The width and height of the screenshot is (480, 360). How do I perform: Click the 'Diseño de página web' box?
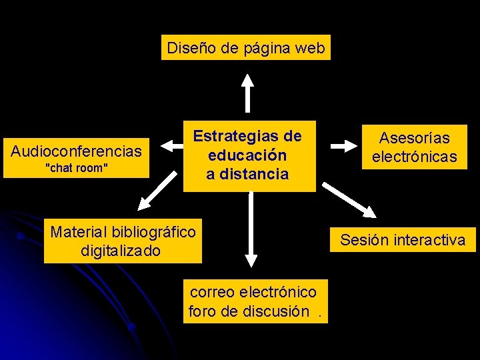[x=245, y=48]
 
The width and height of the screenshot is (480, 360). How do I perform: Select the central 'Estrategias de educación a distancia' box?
[x=249, y=155]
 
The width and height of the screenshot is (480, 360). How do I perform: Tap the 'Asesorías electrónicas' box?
[x=415, y=147]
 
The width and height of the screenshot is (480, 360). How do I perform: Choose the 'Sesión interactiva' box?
[x=403, y=240]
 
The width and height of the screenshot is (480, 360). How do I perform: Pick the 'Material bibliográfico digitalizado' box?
[x=123, y=241]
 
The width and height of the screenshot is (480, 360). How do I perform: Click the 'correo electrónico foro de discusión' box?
[x=255, y=301]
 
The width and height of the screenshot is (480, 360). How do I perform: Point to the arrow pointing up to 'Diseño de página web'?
[x=247, y=92]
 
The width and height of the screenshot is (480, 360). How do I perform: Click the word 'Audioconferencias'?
[x=76, y=151]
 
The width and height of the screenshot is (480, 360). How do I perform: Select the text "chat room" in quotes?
[x=76, y=168]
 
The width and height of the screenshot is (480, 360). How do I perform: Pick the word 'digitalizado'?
[x=121, y=251]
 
